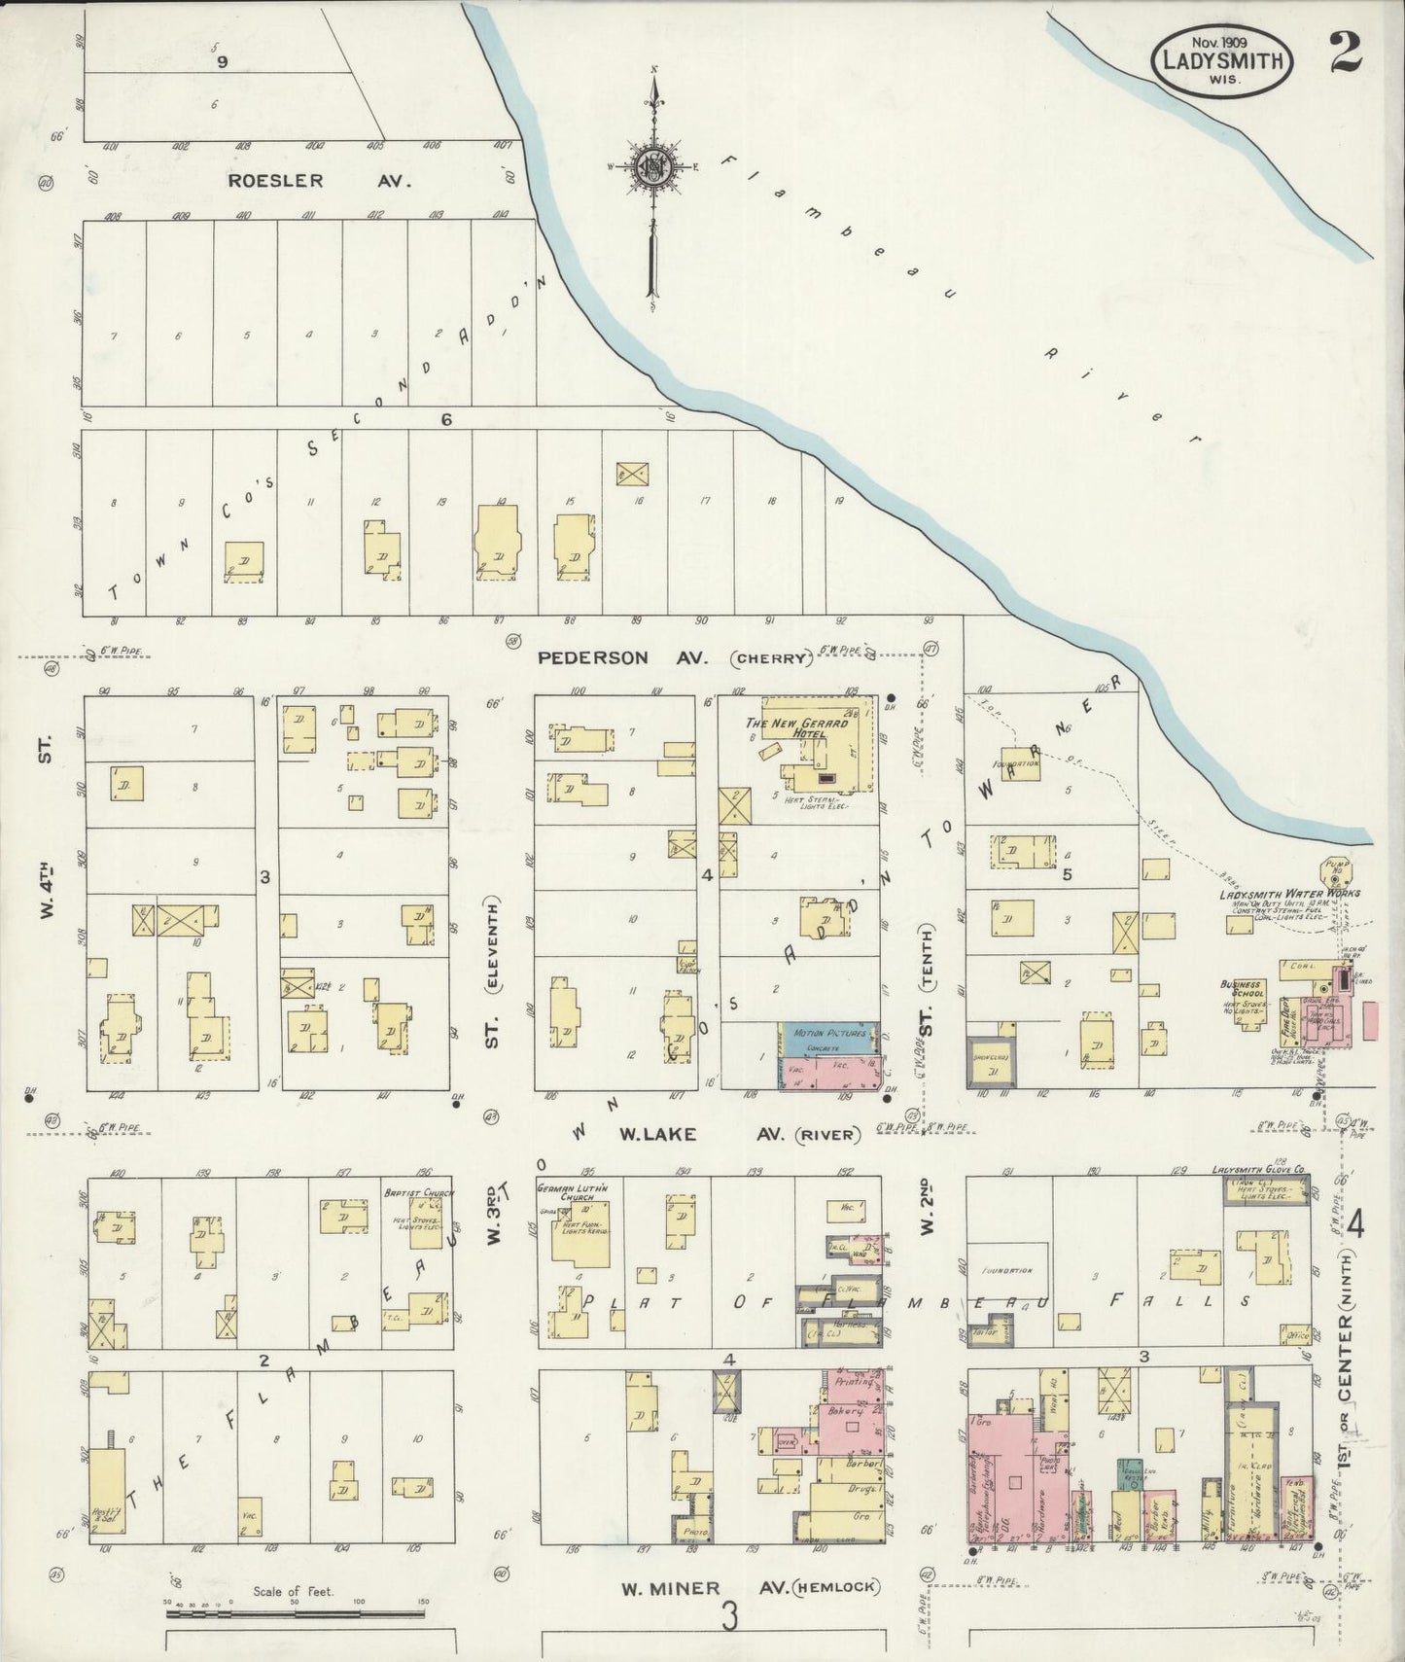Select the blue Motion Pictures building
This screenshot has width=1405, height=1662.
click(x=828, y=1037)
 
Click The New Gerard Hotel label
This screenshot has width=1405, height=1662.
click(x=796, y=728)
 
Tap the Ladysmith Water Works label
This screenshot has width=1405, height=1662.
click(x=1289, y=894)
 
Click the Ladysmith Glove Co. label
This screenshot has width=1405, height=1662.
click(x=1259, y=1170)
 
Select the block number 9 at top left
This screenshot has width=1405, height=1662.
click(x=223, y=61)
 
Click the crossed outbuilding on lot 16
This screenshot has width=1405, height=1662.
click(x=633, y=474)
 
